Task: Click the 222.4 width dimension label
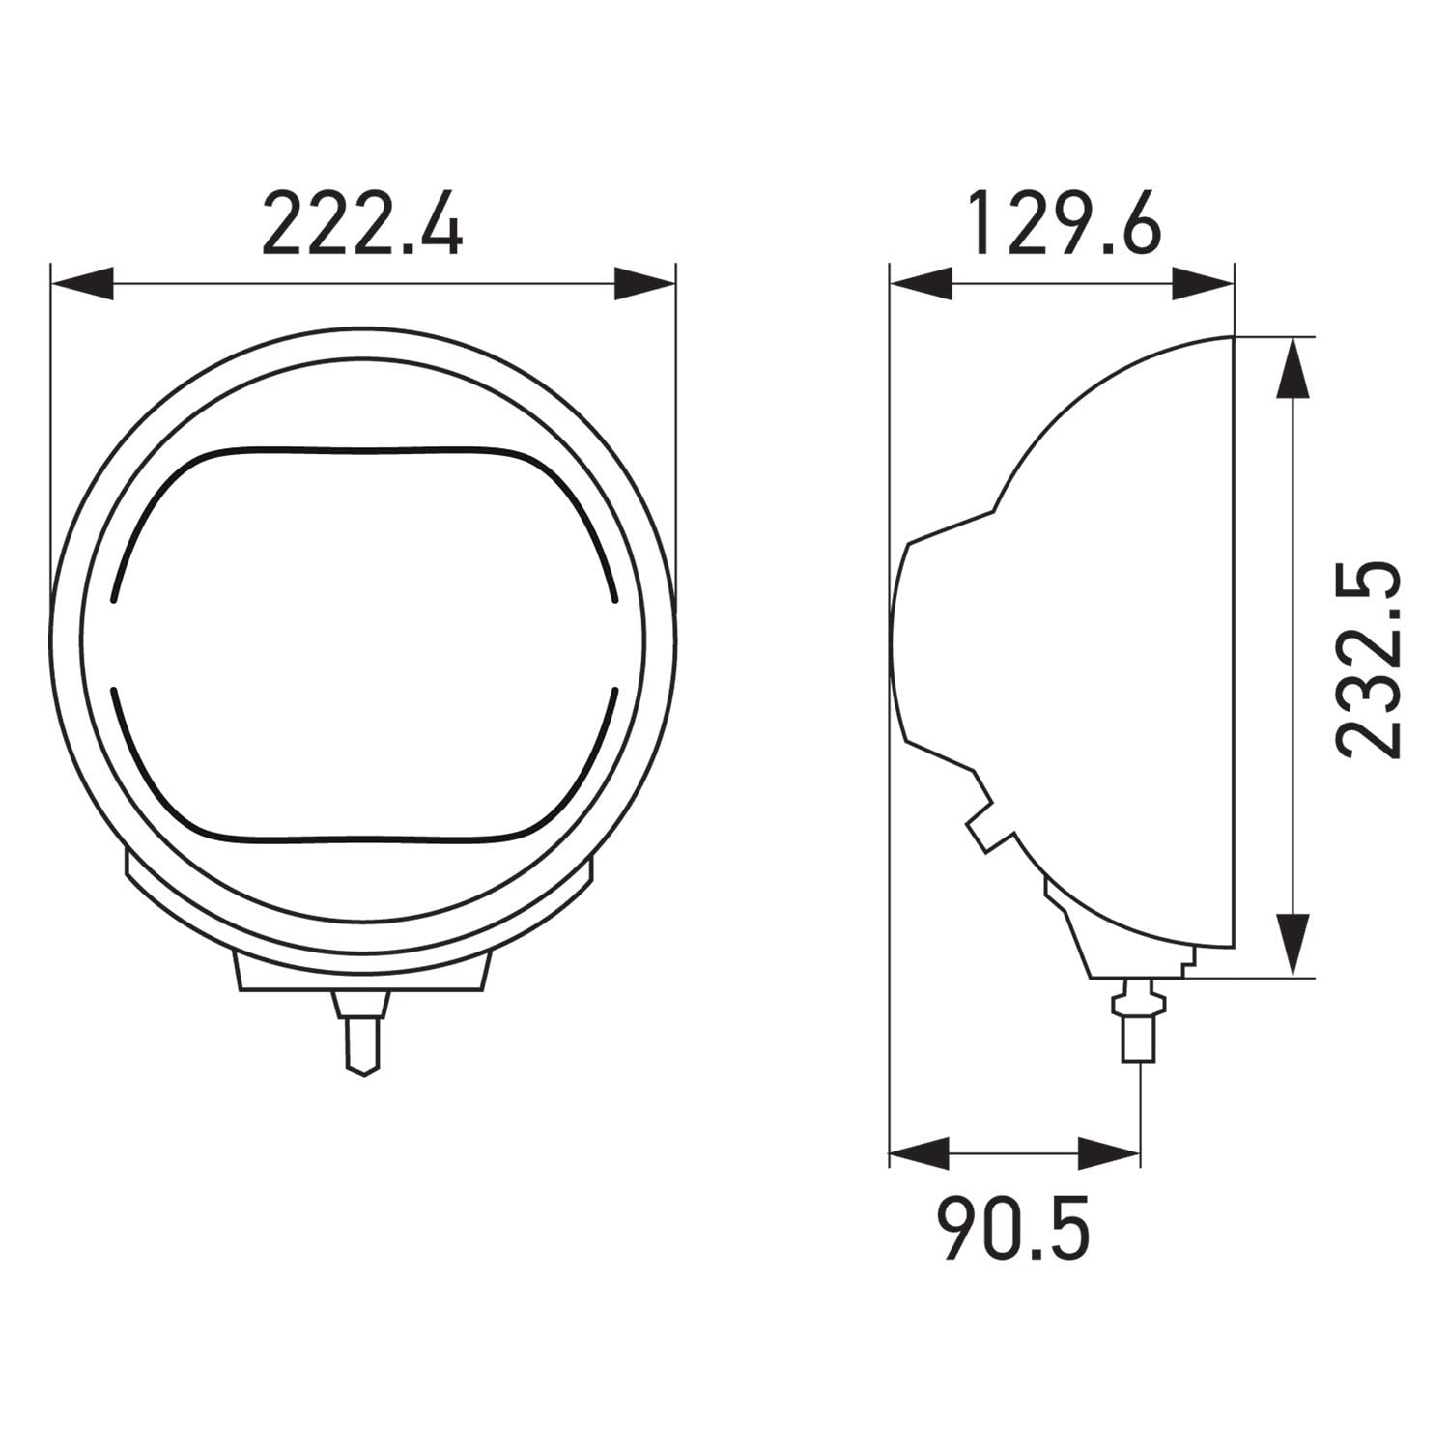coord(362,224)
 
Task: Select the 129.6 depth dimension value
coord(1065,223)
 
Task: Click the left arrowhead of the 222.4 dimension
coord(81,285)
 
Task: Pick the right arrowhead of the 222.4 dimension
coord(644,285)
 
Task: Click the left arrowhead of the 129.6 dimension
coord(920,285)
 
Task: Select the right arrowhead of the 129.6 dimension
coord(1203,285)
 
